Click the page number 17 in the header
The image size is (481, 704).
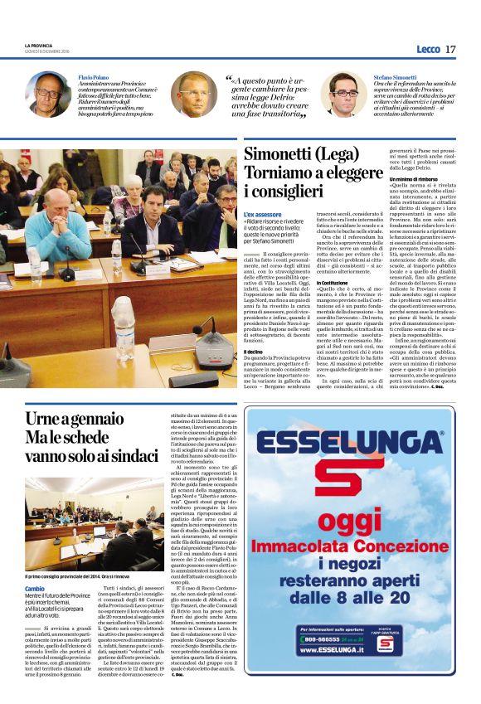click(x=450, y=50)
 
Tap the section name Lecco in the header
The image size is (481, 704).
click(x=428, y=50)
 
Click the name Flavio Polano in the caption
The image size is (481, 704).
click(x=94, y=75)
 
